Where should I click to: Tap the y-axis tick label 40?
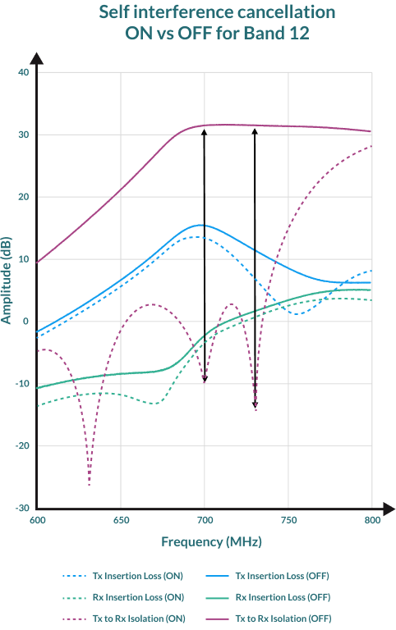(24, 72)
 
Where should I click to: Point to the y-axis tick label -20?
(22, 445)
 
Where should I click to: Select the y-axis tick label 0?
(26, 322)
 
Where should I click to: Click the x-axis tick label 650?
(121, 520)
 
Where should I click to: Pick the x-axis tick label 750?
(288, 520)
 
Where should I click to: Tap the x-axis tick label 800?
(372, 520)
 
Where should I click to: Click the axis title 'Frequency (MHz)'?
(211, 541)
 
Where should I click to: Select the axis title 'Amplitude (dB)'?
(6, 281)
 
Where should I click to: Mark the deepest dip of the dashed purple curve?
(89, 485)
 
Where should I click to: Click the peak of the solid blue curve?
(200, 225)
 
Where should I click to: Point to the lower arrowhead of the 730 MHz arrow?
(255, 404)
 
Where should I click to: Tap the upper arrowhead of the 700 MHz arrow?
(204, 132)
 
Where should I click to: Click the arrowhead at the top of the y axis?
(37, 59)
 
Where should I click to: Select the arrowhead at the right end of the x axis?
(389, 509)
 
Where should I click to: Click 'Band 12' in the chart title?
(276, 33)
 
